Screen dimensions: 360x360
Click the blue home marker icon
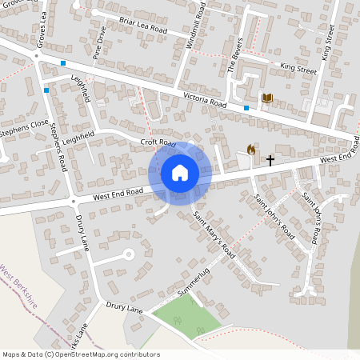(180, 173)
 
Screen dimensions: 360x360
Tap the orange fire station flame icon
(251, 150)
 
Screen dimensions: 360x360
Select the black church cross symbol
(270, 160)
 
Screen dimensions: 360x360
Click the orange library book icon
(267, 98)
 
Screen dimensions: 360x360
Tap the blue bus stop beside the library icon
(246, 107)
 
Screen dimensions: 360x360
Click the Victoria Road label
(205, 100)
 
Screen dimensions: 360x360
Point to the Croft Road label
(158, 142)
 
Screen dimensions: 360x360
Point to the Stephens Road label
(58, 146)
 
